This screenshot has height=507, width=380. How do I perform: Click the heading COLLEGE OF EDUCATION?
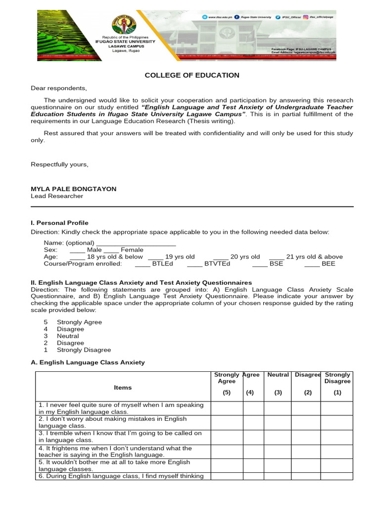click(191, 75)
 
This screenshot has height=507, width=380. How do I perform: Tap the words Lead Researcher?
click(57, 196)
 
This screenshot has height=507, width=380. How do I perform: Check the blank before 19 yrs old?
click(155, 257)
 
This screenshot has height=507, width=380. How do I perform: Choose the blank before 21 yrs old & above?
click(277, 257)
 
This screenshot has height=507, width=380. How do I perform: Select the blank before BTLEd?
click(142, 264)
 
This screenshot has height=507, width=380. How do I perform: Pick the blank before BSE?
click(260, 264)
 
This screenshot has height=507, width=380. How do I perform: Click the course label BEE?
click(328, 264)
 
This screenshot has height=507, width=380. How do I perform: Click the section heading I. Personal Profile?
click(59, 223)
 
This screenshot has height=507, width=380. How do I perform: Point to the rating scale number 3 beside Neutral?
click(46, 336)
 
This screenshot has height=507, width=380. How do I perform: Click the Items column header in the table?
click(123, 387)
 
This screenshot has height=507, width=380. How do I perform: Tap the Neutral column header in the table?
click(278, 375)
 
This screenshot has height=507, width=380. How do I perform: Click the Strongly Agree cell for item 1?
click(227, 408)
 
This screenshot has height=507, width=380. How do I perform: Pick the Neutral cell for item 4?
click(277, 451)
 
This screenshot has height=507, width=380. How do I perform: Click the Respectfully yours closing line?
click(59, 164)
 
